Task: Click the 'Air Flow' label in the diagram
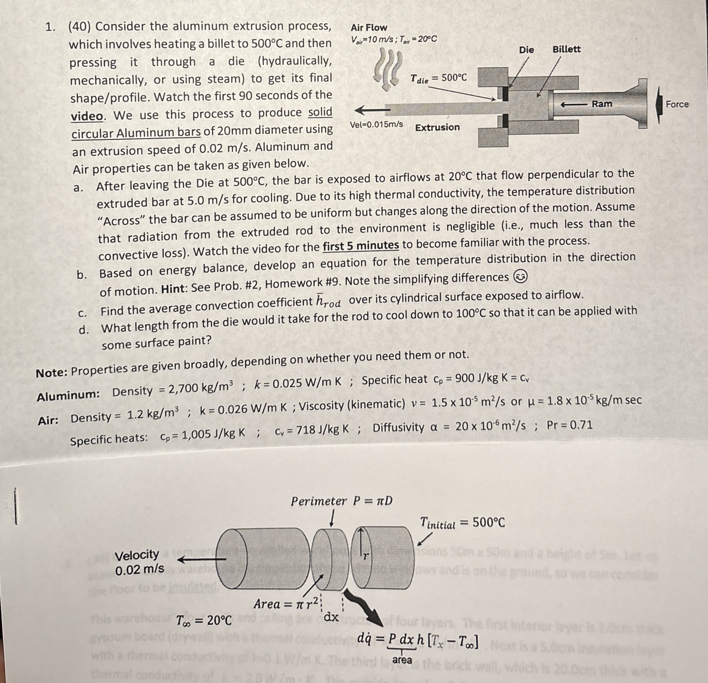(369, 28)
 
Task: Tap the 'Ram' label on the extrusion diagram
(602, 104)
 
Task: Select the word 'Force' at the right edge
(677, 104)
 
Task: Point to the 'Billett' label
(566, 49)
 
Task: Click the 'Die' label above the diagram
(526, 49)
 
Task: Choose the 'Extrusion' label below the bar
(437, 128)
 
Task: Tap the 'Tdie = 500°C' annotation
(438, 78)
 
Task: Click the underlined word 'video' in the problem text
(87, 116)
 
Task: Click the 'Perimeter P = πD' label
(341, 501)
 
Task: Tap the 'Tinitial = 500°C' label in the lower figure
(462, 523)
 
